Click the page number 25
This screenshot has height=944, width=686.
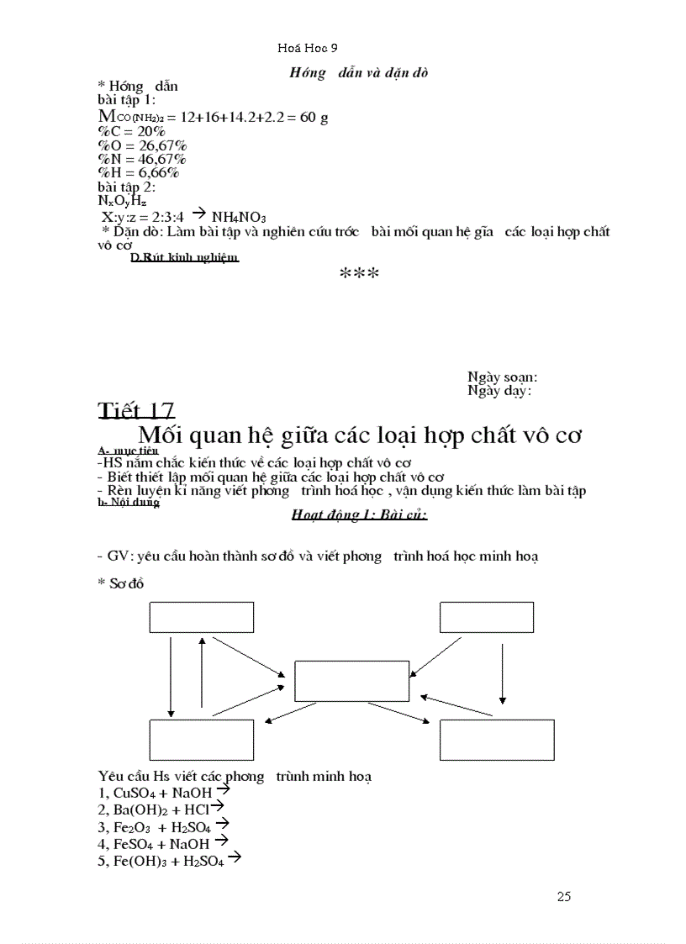click(563, 896)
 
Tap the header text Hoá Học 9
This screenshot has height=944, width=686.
click(307, 49)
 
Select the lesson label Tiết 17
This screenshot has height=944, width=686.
click(136, 410)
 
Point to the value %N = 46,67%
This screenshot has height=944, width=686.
click(142, 159)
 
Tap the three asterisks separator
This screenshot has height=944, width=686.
click(359, 274)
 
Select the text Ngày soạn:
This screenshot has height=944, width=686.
click(502, 378)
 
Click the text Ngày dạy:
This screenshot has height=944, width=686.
click(499, 391)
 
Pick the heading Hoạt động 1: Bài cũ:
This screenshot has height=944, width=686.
click(359, 514)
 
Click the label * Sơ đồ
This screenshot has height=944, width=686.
click(121, 584)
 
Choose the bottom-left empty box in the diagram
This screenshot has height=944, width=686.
click(201, 740)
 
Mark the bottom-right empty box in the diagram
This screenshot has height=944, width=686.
click(496, 740)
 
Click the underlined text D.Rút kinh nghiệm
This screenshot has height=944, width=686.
click(185, 258)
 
